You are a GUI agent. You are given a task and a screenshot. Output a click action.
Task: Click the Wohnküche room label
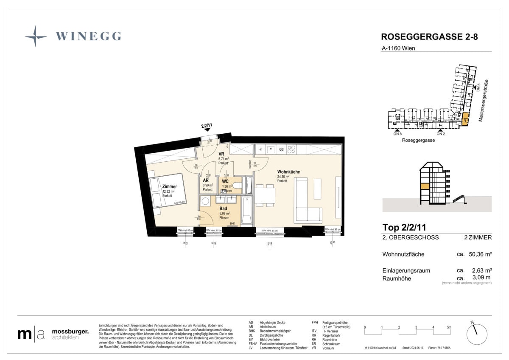click(x=288, y=172)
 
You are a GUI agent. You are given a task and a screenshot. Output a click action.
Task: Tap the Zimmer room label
click(x=169, y=186)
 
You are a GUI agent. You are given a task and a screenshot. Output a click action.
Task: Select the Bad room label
click(x=223, y=208)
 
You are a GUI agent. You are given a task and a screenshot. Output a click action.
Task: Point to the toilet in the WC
click(x=238, y=186)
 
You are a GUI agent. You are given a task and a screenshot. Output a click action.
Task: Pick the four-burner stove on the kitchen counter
click(x=291, y=149)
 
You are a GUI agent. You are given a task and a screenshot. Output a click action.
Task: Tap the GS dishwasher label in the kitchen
click(x=281, y=149)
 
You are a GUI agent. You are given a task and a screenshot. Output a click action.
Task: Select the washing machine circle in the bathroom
click(x=206, y=201)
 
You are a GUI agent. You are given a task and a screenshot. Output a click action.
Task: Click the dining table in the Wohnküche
click(x=263, y=196)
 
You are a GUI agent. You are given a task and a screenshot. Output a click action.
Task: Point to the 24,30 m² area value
click(x=283, y=177)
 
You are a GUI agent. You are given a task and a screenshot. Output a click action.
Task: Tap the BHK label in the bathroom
click(x=232, y=224)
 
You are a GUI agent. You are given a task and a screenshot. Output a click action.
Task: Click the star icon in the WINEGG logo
click(x=36, y=36)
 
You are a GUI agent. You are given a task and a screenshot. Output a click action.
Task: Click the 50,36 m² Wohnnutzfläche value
click(x=481, y=254)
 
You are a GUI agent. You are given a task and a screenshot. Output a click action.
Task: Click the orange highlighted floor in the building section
click(x=425, y=186)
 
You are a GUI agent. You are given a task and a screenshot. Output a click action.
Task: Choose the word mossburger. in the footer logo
click(x=70, y=331)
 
